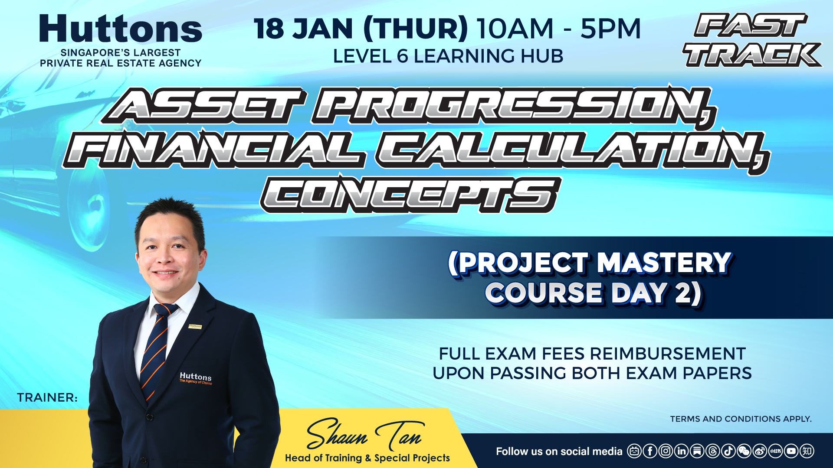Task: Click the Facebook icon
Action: (650, 451)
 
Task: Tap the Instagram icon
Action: (666, 451)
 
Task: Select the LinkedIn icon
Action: (682, 451)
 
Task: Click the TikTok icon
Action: (728, 451)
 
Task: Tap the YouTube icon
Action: (791, 451)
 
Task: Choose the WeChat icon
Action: (744, 451)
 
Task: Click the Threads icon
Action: (713, 451)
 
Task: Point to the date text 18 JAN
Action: (303, 29)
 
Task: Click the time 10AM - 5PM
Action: (559, 29)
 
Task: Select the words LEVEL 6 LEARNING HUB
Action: (448, 56)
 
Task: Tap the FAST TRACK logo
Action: (753, 40)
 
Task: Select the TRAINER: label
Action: (47, 397)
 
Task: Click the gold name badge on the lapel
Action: (195, 326)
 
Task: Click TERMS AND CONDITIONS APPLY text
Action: (741, 419)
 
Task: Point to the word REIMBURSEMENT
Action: (668, 354)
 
